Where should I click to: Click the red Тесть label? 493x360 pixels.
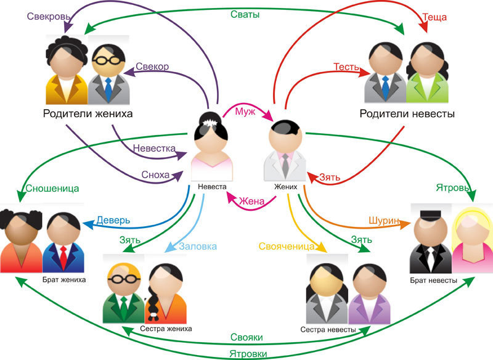(x=346, y=66)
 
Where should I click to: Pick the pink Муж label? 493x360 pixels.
(x=244, y=112)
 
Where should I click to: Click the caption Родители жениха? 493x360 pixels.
(x=88, y=114)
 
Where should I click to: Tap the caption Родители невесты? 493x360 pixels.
(x=407, y=114)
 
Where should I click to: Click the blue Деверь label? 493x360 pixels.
(x=114, y=221)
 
